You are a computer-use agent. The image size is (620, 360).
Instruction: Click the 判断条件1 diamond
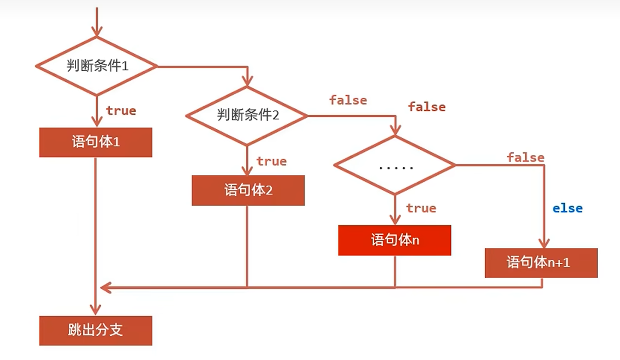click(x=96, y=66)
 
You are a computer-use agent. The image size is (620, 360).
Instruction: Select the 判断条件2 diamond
click(x=247, y=115)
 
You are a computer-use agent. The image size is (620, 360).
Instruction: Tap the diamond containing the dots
click(x=395, y=165)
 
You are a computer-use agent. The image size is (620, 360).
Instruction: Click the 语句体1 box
click(x=96, y=142)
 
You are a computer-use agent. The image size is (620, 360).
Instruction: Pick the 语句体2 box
click(x=248, y=190)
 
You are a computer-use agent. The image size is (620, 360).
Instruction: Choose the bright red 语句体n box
click(x=395, y=240)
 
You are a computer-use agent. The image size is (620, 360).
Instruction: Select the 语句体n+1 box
click(x=541, y=263)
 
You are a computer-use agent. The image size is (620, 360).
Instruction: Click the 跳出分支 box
click(x=96, y=331)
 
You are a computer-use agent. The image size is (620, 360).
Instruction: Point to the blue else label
click(x=567, y=208)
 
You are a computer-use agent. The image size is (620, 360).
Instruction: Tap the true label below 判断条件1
click(x=121, y=111)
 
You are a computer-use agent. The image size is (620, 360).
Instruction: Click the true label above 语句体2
click(x=271, y=161)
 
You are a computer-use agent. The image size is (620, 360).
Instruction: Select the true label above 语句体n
click(x=421, y=208)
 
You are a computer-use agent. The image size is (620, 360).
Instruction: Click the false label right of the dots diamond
click(x=525, y=158)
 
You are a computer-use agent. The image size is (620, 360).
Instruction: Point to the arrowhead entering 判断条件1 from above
click(x=96, y=32)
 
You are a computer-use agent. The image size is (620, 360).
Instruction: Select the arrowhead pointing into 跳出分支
click(x=96, y=310)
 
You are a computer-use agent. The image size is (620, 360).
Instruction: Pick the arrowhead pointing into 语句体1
click(x=96, y=122)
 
